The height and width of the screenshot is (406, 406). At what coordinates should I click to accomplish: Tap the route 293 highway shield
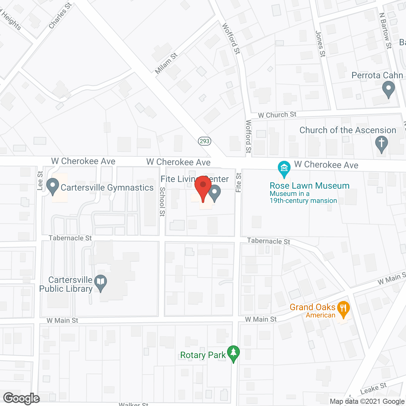coord(205,141)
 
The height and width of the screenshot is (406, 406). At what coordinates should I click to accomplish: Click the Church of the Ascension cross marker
coord(382,143)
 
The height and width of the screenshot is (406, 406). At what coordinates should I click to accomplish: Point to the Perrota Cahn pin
coord(389,88)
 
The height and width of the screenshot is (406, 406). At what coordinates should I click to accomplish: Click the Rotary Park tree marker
coord(233,353)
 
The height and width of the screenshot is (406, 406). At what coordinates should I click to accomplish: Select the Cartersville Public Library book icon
coord(101,282)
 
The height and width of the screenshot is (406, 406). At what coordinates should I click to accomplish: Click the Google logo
coord(22,398)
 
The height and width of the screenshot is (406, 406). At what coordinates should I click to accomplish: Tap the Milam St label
coord(166,63)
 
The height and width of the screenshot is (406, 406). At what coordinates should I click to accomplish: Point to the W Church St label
coord(277,115)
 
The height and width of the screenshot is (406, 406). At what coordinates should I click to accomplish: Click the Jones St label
coord(320,44)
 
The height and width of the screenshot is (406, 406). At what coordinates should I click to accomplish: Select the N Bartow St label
coord(386,30)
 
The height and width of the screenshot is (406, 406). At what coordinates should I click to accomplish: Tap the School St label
coord(162,201)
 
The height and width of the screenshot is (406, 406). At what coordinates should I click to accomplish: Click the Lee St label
coord(40,181)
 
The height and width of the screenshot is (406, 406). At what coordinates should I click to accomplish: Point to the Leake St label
coord(374,389)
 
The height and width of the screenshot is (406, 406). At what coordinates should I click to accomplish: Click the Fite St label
coord(239,182)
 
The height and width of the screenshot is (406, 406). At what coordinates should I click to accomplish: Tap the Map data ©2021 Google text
coord(367,402)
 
